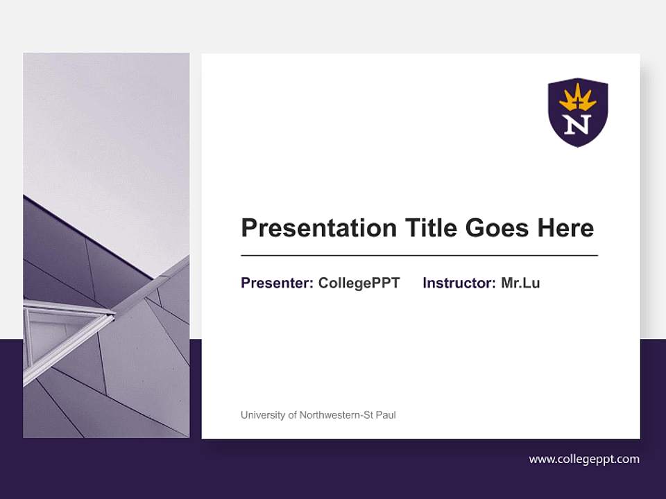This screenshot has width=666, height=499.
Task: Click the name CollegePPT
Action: tap(359, 283)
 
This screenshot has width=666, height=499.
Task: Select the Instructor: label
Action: tap(459, 283)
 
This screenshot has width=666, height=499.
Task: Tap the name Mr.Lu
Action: tap(520, 283)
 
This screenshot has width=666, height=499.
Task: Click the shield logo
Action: tap(578, 112)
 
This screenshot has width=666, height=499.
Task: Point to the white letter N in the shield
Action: tap(578, 125)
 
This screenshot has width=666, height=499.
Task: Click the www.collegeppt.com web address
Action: tap(584, 459)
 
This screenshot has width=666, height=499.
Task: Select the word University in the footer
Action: tap(263, 415)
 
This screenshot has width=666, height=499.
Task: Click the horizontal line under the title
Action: tap(419, 256)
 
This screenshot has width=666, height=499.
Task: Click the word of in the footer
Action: tap(292, 415)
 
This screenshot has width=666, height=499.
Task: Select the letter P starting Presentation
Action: tap(248, 228)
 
